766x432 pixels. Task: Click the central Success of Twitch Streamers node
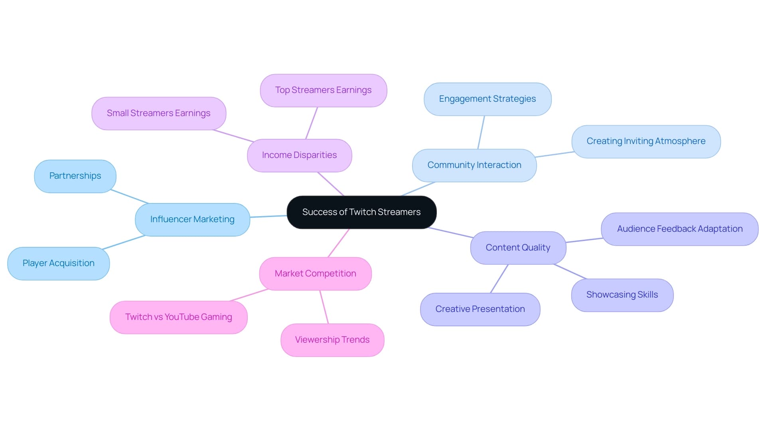(361, 212)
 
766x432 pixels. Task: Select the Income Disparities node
(299, 155)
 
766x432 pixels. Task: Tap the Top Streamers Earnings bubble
(323, 90)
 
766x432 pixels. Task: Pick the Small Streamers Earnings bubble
(158, 113)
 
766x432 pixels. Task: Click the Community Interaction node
(474, 165)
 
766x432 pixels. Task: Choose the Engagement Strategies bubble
(487, 99)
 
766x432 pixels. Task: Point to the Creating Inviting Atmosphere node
(646, 141)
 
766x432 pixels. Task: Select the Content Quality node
(518, 248)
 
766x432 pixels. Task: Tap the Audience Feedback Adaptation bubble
(679, 229)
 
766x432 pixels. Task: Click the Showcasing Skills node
(622, 295)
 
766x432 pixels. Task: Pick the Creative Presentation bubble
(480, 309)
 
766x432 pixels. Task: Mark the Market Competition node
(315, 274)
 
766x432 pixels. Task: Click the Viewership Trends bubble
(332, 340)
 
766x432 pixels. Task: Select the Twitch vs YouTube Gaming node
(178, 317)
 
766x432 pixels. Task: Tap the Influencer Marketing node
(192, 219)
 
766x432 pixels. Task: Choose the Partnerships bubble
(75, 176)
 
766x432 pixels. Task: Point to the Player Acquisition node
(58, 263)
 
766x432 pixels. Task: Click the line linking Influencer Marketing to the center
(268, 217)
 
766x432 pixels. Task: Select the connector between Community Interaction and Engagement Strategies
(481, 132)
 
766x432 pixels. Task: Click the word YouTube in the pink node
(182, 317)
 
